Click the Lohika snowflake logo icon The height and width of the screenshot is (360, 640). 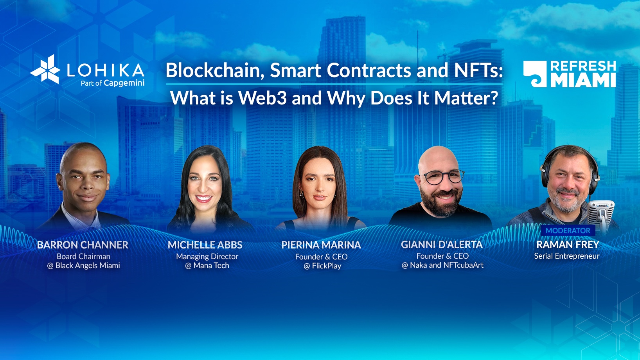pyautogui.click(x=46, y=70)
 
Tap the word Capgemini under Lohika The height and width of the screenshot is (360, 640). pyautogui.click(x=124, y=83)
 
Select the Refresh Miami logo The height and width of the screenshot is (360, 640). pyautogui.click(x=569, y=74)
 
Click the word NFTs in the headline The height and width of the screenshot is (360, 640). pyautogui.click(x=478, y=71)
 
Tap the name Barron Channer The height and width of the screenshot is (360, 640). pyautogui.click(x=83, y=245)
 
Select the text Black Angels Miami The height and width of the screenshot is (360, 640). pyautogui.click(x=87, y=266)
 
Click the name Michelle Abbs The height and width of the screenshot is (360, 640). pyautogui.click(x=205, y=245)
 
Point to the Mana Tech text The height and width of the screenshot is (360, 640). pyautogui.click(x=211, y=266)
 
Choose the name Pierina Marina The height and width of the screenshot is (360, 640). pyautogui.click(x=321, y=245)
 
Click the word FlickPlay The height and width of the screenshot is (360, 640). pyautogui.click(x=326, y=266)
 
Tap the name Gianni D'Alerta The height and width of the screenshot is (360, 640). pyautogui.click(x=442, y=245)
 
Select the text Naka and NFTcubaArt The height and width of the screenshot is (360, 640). pyautogui.click(x=446, y=265)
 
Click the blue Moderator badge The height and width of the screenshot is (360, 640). pyautogui.click(x=568, y=230)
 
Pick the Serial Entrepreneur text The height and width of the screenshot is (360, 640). pyautogui.click(x=566, y=256)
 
